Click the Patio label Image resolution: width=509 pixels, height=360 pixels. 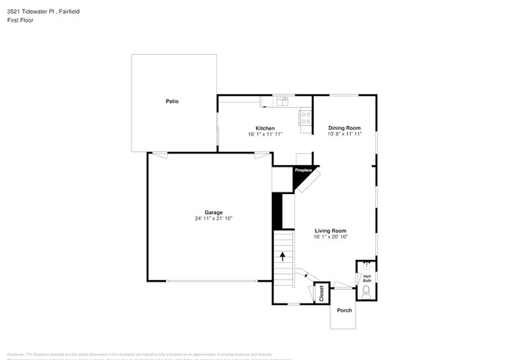tap(171, 102)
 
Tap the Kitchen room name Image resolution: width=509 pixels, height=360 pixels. tap(265, 128)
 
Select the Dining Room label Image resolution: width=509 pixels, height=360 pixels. tap(345, 128)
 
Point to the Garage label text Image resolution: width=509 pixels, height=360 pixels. tap(214, 212)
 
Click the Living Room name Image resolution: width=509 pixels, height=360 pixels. tap(330, 231)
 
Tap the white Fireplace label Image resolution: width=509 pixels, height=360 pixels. tap(303, 170)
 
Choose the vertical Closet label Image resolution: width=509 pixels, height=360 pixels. tap(321, 294)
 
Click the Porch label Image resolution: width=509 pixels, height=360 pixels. tap(345, 311)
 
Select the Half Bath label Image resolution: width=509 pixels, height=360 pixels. tap(366, 278)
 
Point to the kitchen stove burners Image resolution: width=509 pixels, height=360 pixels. tap(305, 118)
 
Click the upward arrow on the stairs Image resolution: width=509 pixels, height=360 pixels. tap(283, 256)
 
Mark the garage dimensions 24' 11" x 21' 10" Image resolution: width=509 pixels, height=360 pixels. tap(214, 218)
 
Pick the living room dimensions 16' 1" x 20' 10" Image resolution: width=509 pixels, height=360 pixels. tap(330, 237)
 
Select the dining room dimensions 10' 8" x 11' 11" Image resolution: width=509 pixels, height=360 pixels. tap(345, 134)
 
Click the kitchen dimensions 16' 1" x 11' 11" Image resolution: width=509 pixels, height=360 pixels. tap(265, 134)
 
